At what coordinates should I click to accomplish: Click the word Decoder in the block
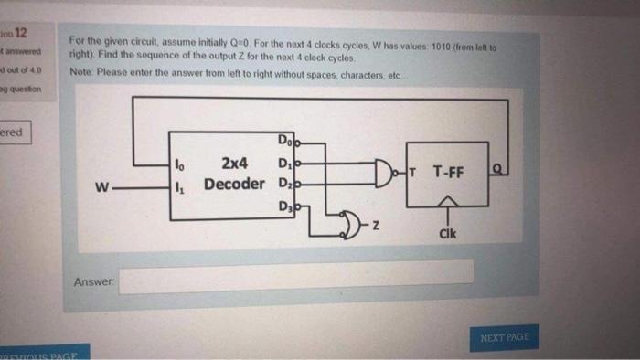pyautogui.click(x=234, y=184)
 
